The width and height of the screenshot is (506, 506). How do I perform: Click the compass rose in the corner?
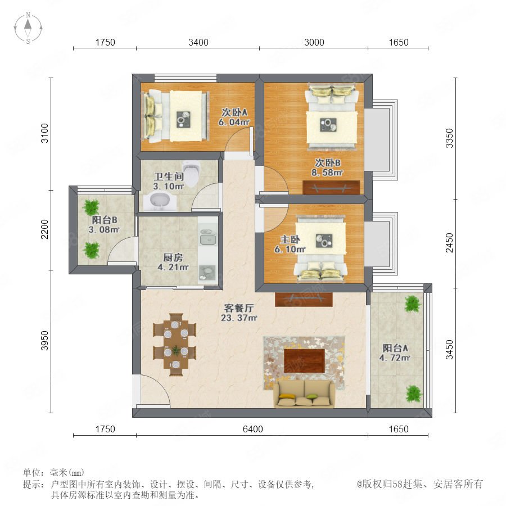click(x=28, y=28)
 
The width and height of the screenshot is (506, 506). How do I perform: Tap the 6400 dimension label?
click(x=252, y=429)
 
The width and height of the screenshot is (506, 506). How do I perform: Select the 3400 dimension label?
click(x=198, y=42)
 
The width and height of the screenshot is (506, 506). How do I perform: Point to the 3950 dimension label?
click(x=44, y=341)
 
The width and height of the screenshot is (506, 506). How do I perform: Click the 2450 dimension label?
click(x=449, y=243)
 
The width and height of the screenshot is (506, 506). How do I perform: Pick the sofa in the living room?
click(x=304, y=394)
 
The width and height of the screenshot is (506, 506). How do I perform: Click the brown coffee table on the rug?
click(x=304, y=360)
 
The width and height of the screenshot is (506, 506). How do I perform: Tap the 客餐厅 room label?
click(x=239, y=308)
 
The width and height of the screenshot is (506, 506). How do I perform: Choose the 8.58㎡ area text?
click(x=327, y=173)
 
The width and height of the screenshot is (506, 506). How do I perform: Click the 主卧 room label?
click(x=290, y=240)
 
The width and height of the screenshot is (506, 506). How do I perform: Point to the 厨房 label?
click(x=173, y=257)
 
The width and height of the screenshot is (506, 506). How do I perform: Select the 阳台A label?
click(x=395, y=348)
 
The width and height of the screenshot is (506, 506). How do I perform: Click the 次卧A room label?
click(x=234, y=112)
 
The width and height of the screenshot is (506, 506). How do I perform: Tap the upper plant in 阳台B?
click(x=91, y=207)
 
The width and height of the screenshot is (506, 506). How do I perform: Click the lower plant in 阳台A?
click(x=413, y=394)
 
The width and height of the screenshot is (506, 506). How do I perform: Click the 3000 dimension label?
click(x=314, y=42)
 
